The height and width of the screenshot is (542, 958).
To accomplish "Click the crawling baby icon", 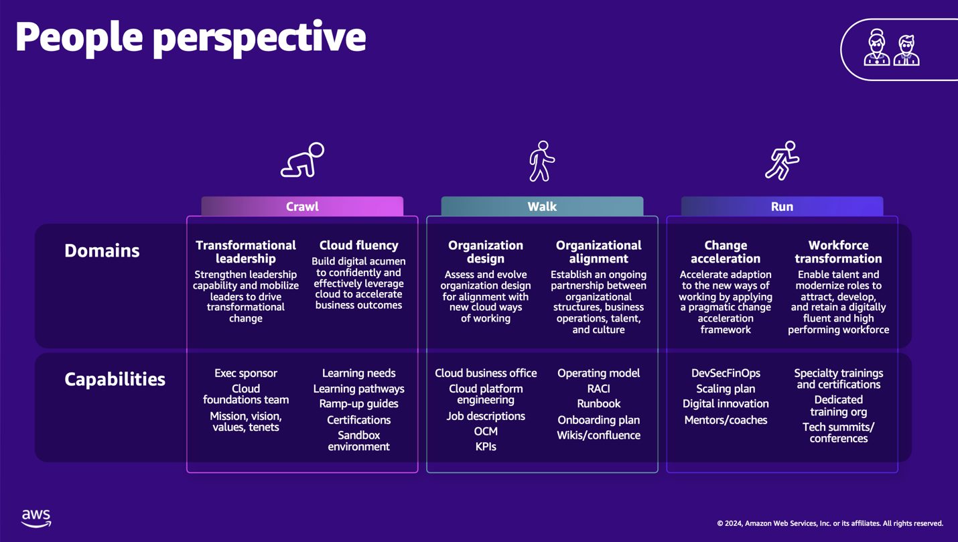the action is (302, 161).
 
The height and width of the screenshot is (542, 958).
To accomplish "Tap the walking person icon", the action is (541, 161).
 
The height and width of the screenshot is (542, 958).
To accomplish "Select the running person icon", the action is (782, 161).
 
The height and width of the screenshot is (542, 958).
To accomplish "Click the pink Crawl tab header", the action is (302, 206).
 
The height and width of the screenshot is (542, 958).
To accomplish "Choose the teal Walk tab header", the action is (542, 206).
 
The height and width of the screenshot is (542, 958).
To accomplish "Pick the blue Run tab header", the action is (782, 206).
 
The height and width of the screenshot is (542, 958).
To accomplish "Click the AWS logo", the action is (36, 518).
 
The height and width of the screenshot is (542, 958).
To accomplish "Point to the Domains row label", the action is (102, 251).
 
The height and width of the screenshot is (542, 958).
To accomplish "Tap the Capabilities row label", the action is (115, 379).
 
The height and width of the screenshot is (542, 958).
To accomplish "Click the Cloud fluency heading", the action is (358, 245).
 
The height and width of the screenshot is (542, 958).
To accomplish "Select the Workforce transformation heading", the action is (838, 252).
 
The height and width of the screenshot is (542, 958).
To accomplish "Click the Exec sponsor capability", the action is (246, 373).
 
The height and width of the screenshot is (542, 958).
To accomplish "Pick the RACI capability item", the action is (598, 389).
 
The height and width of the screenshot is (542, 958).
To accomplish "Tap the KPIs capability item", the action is (486, 446).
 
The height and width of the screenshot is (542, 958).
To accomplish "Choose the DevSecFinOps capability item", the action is (726, 373).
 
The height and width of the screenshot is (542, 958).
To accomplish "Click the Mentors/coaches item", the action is (726, 420).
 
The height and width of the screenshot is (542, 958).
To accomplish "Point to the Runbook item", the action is (598, 404).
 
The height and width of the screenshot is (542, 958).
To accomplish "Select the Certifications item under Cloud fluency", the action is (358, 420).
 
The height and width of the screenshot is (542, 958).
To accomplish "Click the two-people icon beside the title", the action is (891, 48).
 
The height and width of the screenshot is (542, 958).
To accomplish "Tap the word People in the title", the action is (78, 37).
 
